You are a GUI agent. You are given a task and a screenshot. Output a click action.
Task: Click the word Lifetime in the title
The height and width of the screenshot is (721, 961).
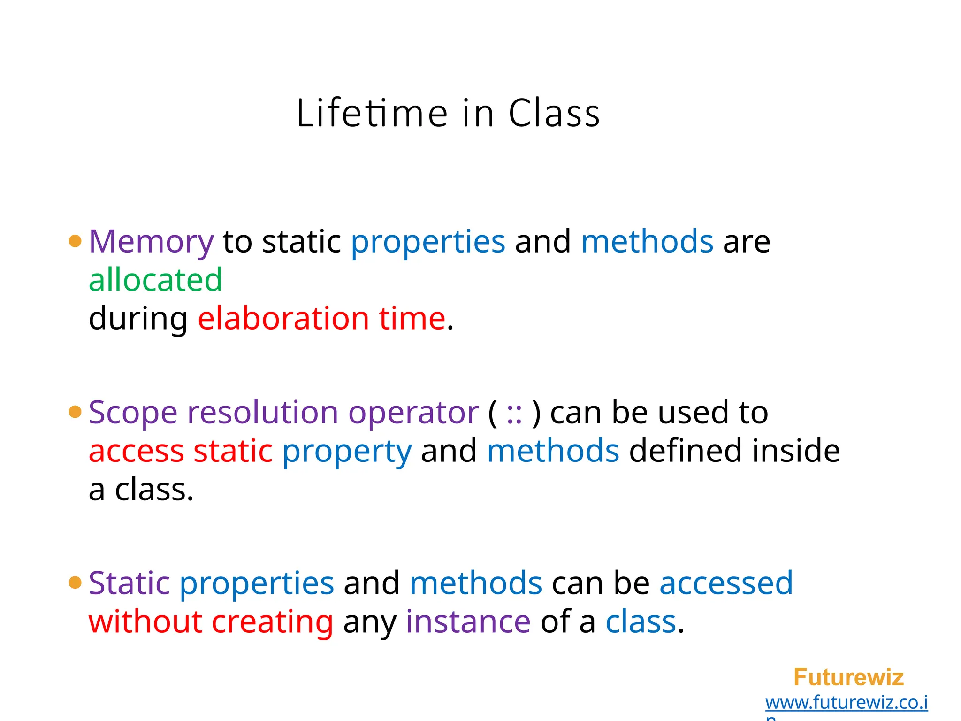372,113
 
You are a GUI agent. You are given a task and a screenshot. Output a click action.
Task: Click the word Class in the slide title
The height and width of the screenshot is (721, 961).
554,113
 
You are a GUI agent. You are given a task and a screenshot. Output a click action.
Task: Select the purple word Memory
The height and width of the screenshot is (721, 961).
151,242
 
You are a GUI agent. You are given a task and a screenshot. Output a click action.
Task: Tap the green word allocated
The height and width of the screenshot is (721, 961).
155,280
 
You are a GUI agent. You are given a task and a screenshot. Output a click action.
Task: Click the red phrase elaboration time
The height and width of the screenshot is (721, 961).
321,318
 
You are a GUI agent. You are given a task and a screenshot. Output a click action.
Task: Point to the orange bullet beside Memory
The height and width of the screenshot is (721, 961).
75,241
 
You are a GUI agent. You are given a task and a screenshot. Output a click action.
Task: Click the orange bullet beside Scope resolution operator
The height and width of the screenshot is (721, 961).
75,412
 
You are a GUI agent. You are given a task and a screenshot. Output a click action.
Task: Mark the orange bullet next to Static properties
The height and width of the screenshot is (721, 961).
75,583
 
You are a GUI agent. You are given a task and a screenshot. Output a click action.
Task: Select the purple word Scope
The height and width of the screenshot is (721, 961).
133,413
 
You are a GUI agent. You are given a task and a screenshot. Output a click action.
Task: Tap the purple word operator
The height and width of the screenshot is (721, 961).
413,413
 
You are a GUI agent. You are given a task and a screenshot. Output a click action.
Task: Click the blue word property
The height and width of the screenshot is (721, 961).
347,452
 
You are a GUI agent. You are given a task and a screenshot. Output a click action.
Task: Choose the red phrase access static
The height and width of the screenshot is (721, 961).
181,452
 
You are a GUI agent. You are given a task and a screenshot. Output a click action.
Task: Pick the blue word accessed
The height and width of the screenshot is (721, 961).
726,583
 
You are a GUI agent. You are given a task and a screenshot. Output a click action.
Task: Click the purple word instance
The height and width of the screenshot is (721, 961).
468,622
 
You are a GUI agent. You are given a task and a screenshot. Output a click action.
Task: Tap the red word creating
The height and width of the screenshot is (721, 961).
273,622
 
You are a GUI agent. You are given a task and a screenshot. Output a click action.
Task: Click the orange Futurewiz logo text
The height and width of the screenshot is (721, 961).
848,677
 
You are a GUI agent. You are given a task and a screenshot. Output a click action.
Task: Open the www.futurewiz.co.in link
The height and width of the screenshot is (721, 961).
847,703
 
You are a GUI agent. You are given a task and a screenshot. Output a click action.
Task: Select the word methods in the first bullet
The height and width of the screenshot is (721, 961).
647,242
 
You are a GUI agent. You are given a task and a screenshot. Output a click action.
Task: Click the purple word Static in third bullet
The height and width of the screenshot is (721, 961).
129,583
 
